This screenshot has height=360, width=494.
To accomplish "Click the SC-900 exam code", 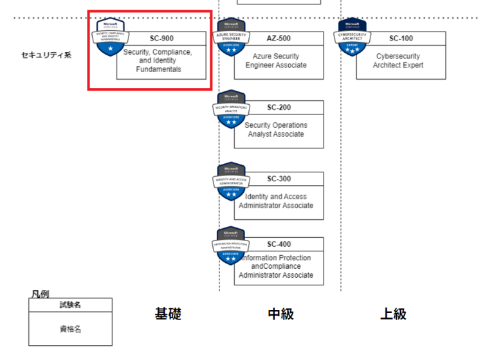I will pyautogui.click(x=162, y=38).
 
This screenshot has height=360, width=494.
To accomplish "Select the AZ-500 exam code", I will pyautogui.click(x=279, y=38).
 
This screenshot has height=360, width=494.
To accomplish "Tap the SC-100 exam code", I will pyautogui.click(x=401, y=38).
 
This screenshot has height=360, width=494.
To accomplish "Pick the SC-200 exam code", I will pyautogui.click(x=279, y=107).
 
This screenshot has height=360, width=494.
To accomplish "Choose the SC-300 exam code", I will pyautogui.click(x=279, y=178).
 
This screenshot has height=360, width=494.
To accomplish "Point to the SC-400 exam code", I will pyautogui.click(x=279, y=244).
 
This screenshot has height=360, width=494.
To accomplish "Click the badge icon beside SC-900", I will pyautogui.click(x=111, y=37).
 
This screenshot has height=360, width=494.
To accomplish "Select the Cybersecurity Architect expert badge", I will pyautogui.click(x=352, y=37).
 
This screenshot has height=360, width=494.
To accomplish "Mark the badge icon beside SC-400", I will pyautogui.click(x=231, y=246).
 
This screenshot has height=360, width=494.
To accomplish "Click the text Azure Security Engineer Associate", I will pyautogui.click(x=276, y=61).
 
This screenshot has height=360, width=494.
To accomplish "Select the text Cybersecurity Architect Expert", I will pyautogui.click(x=399, y=61).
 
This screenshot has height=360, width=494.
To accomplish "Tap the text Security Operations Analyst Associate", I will pyautogui.click(x=276, y=130).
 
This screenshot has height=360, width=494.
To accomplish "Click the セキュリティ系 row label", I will pyautogui.click(x=46, y=55).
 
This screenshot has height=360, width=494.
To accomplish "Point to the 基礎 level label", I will pyautogui.click(x=168, y=314).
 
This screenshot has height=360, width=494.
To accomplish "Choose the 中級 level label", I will pyautogui.click(x=280, y=314).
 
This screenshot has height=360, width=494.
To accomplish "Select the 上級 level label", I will pyautogui.click(x=393, y=314).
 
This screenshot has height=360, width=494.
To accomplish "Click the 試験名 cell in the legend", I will pyautogui.click(x=70, y=305).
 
